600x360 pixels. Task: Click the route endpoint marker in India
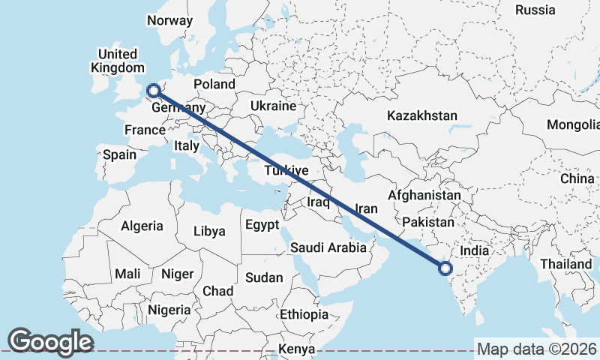[x=445, y=268]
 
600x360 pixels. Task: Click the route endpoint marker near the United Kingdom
[x=154, y=91]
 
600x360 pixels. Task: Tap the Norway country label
[x=169, y=20]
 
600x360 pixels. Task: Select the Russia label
[x=535, y=10]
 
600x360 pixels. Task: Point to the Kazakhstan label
[x=422, y=115]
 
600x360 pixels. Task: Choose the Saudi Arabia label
[x=329, y=247]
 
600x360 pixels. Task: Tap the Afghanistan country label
[x=424, y=195]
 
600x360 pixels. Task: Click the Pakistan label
[x=428, y=222]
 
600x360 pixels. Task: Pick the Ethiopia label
[x=304, y=313]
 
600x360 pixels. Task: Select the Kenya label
[x=296, y=349]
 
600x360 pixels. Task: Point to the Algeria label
[x=142, y=226]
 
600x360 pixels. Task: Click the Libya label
[x=209, y=231]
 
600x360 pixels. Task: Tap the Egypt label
[x=262, y=225]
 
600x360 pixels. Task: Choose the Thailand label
[x=565, y=264]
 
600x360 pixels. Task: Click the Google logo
[x=50, y=341]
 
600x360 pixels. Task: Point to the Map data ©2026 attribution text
[x=536, y=349]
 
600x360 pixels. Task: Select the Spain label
[x=120, y=154]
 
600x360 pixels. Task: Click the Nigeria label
[x=169, y=310]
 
